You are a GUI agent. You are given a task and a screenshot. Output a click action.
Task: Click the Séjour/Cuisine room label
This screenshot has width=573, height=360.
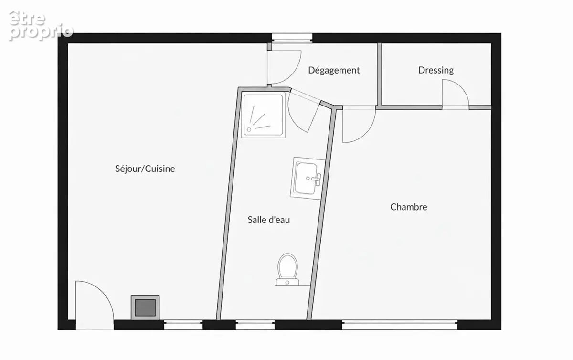(x=145, y=169)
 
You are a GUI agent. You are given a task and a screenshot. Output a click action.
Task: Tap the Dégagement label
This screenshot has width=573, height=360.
(x=334, y=70)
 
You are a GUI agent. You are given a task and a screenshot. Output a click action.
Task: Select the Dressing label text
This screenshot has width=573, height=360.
(x=436, y=70)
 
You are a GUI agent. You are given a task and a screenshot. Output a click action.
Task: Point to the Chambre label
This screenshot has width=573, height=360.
(x=409, y=207)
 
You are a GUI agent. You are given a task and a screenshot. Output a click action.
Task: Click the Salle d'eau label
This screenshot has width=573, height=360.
(x=268, y=220)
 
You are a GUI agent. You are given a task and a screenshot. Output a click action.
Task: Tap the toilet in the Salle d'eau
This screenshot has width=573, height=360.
(x=287, y=269)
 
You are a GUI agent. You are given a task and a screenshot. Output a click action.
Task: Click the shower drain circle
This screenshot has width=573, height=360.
(x=249, y=130)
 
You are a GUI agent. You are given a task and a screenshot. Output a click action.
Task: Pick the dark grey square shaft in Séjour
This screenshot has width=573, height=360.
(x=145, y=307)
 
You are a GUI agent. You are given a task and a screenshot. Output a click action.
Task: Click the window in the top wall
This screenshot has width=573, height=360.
(x=292, y=38)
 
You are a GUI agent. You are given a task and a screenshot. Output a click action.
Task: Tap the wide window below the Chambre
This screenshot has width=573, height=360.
(x=400, y=325)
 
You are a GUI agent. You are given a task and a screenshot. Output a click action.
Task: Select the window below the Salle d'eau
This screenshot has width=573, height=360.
(x=255, y=325)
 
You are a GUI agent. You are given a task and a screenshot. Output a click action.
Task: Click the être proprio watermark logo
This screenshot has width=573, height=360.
(x=41, y=26)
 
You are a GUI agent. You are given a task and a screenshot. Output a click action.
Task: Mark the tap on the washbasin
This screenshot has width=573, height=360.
(x=317, y=179)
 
